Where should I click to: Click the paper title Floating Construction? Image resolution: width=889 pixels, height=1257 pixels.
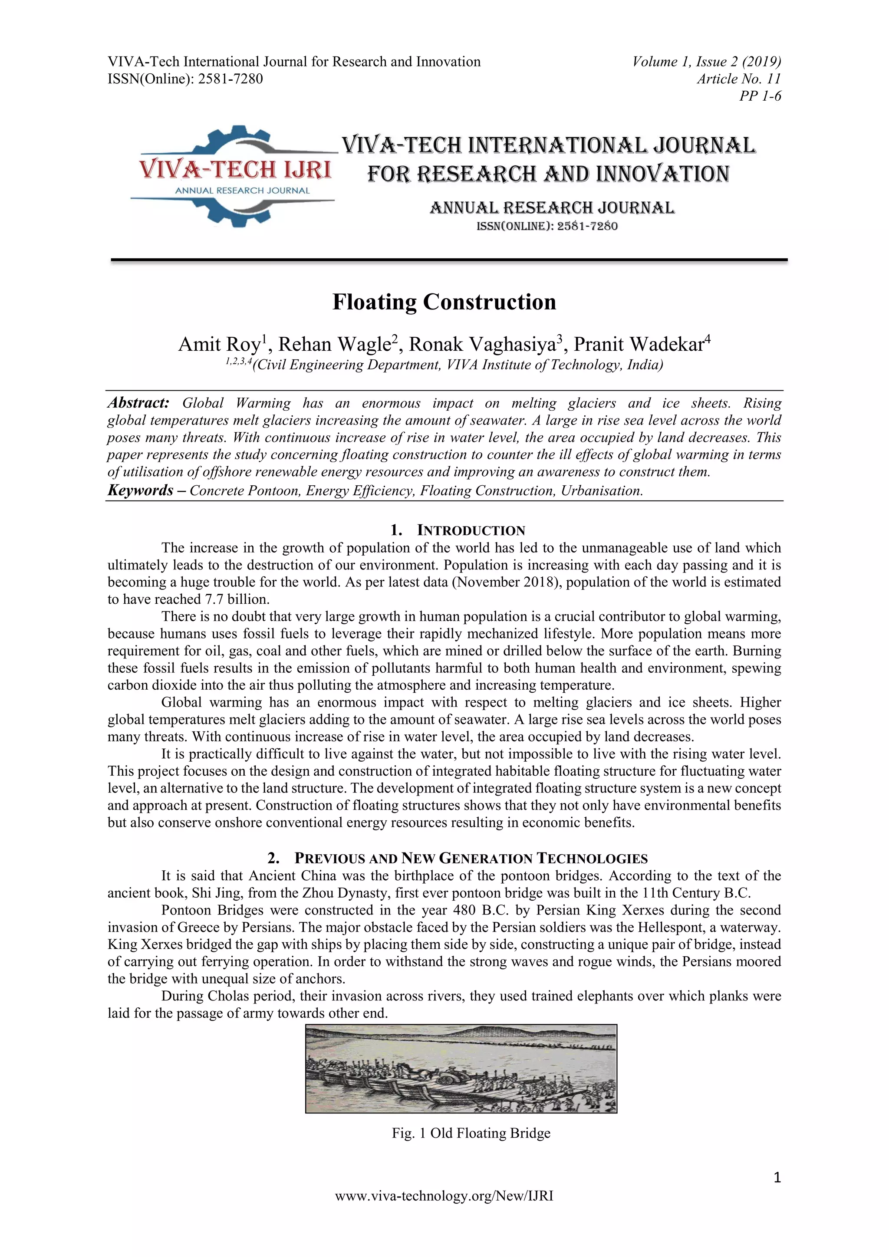(444, 302)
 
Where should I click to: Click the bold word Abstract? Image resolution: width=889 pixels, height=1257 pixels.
(138, 403)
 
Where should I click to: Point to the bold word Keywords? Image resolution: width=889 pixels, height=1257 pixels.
(140, 490)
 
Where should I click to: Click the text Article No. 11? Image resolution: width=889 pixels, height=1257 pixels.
(738, 79)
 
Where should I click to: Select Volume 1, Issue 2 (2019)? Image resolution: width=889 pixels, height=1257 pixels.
(706, 61)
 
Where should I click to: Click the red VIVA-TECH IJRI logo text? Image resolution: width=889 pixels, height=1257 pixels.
(235, 170)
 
